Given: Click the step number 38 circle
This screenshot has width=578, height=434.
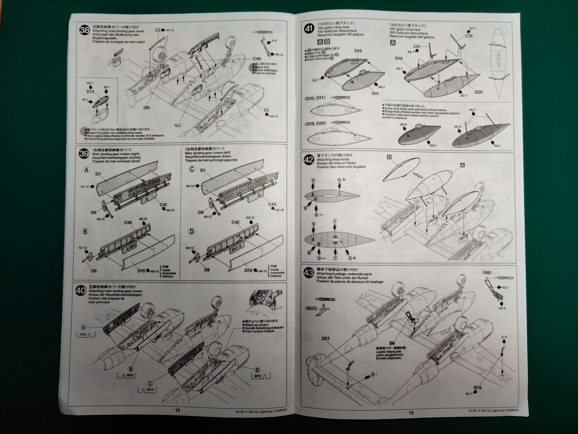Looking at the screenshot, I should point(85,30).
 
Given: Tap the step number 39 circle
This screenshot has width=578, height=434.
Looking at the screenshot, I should point(84,154).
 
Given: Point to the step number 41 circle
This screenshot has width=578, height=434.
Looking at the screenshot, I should point(309,29).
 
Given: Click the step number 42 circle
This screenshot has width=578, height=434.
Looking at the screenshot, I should point(309,160).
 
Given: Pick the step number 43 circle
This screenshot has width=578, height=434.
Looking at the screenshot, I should point(309,273).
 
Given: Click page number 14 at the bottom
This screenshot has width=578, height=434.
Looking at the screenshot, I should point(178,410).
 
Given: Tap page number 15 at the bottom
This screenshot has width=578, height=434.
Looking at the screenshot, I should point(411,413).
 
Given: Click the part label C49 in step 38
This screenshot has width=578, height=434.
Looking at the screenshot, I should point(256,59).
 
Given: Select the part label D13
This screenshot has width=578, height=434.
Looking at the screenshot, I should point(90,92).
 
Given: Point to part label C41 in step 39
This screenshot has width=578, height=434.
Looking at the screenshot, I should point(163,205).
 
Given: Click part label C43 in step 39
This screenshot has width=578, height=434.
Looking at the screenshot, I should point(272,204).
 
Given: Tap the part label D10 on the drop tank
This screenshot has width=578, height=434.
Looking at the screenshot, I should point(358,51).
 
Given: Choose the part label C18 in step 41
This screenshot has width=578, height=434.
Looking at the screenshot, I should point(469,36).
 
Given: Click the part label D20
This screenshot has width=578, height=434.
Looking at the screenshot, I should point(478,92).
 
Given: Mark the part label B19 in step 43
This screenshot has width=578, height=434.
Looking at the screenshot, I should point(477,388).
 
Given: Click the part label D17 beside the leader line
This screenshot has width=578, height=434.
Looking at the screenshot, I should point(326,338).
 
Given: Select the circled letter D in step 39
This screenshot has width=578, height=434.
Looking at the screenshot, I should point(191,231).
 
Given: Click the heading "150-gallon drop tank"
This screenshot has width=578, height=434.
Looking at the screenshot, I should point(333,27).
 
